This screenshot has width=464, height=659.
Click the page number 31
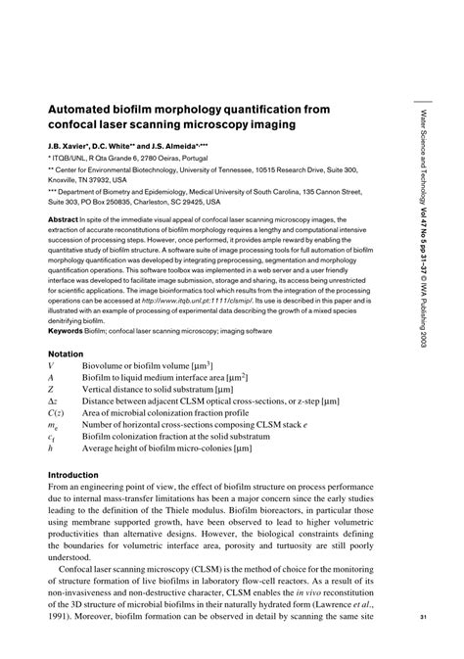tap(423, 616)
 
